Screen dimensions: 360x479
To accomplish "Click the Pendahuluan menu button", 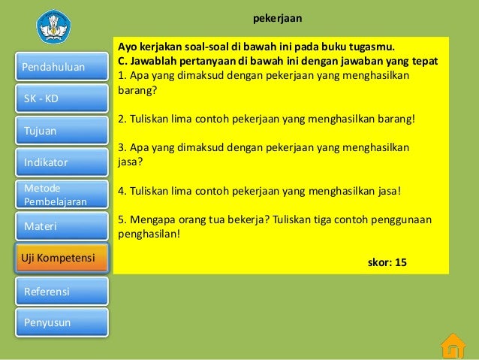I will click(x=62, y=67).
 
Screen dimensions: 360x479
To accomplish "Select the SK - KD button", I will click(x=62, y=98).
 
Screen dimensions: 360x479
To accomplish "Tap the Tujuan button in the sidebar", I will click(x=62, y=131).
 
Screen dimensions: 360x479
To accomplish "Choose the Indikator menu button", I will click(x=62, y=162).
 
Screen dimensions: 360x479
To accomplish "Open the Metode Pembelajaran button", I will click(x=62, y=195).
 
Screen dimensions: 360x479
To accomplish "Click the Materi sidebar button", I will click(x=62, y=225).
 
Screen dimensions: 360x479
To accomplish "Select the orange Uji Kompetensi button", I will click(x=62, y=258).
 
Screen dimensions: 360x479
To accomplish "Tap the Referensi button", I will click(x=62, y=291).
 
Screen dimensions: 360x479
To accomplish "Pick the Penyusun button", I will click(x=62, y=322).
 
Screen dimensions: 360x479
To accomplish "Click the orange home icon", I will click(x=452, y=346).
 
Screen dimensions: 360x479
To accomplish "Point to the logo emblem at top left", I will click(x=53, y=26).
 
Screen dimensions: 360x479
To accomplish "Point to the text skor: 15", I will click(x=387, y=262).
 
